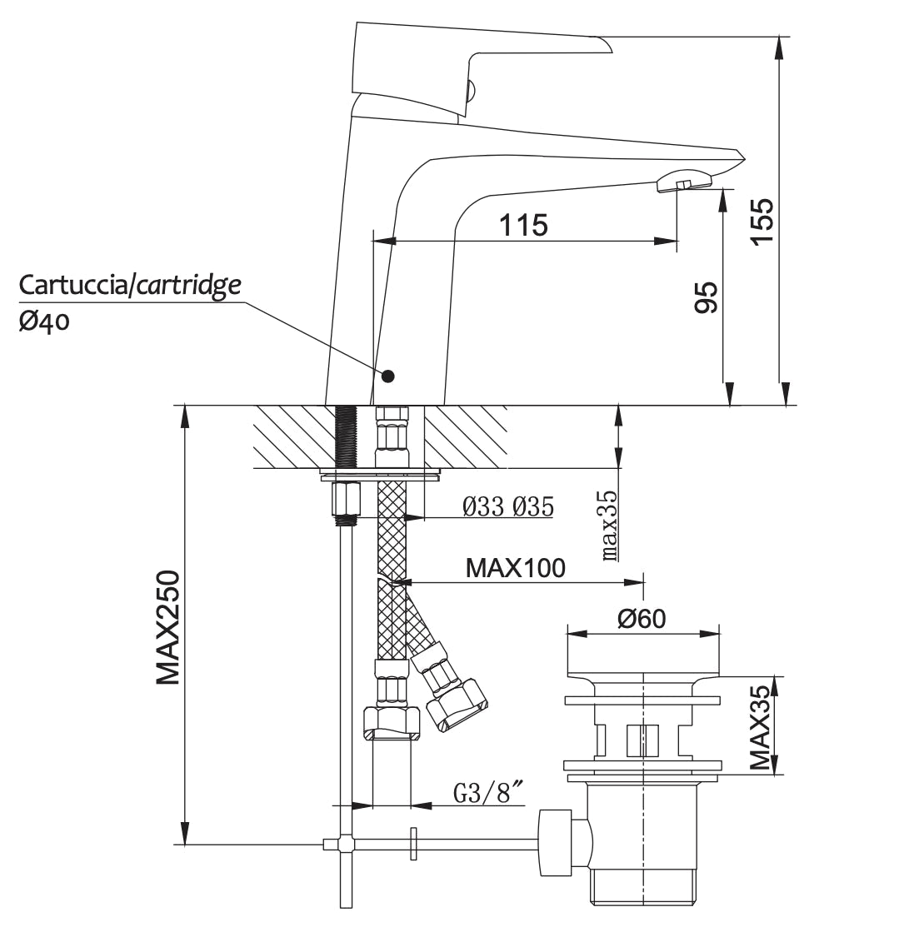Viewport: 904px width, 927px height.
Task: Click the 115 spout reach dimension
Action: (523, 225)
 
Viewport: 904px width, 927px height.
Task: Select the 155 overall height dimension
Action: (762, 222)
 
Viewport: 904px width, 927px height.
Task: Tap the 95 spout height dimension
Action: (706, 297)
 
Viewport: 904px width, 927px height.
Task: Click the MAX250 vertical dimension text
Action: (169, 627)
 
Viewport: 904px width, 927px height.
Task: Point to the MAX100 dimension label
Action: (515, 568)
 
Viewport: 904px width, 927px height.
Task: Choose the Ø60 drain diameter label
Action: (641, 618)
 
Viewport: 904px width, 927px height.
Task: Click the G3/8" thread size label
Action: (490, 794)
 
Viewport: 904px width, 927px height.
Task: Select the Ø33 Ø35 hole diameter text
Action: (507, 506)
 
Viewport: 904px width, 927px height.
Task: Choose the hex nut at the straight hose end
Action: (392, 720)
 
